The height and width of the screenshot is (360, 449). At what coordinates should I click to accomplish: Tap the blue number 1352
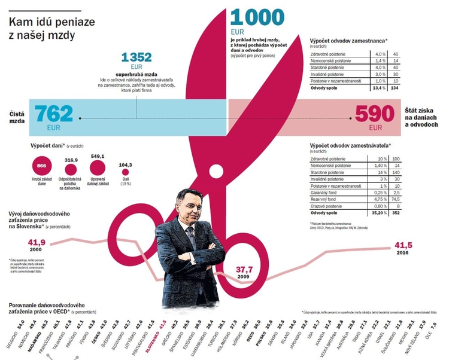(x=136, y=57)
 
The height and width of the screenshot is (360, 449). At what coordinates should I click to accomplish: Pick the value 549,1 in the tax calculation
(x=98, y=157)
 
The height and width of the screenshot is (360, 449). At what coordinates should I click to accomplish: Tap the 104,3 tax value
(x=126, y=164)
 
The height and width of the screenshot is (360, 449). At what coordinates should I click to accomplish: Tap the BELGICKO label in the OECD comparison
(x=12, y=337)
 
